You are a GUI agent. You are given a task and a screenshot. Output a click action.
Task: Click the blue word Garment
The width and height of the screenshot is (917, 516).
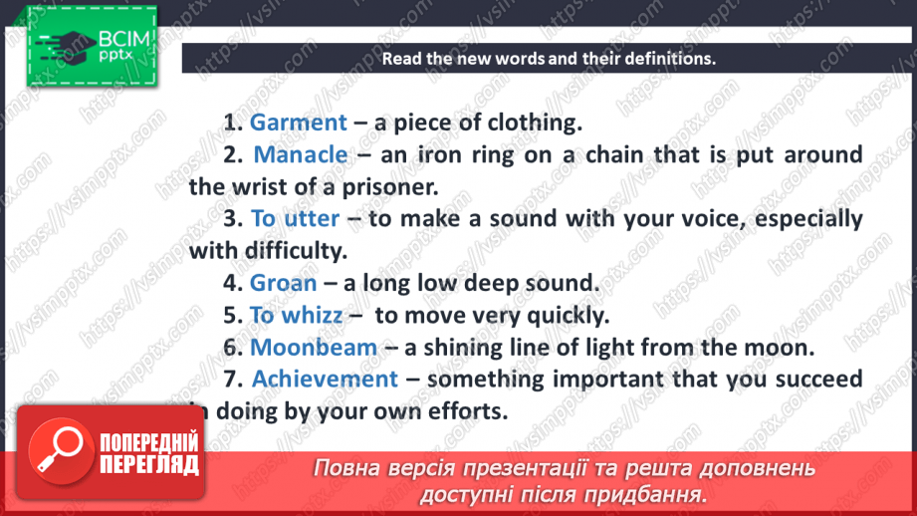[298, 123]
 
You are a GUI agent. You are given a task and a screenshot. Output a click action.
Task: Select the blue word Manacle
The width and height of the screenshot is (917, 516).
[301, 154]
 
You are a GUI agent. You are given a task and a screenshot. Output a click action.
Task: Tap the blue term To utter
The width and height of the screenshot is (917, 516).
[295, 218]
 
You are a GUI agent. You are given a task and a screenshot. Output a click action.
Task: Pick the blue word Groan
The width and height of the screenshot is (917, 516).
[283, 283]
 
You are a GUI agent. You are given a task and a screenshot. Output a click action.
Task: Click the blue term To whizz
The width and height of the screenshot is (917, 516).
[296, 315]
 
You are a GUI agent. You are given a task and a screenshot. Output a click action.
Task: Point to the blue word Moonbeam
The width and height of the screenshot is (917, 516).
[314, 347]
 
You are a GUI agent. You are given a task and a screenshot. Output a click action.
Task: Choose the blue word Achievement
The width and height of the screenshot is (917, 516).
[325, 379]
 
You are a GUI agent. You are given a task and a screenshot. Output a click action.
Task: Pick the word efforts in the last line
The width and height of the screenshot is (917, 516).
[472, 410]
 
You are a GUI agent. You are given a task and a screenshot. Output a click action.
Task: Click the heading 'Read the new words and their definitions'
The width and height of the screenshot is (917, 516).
[549, 58]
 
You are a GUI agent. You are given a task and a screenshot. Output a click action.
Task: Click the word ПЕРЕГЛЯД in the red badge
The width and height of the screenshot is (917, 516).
[149, 464]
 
